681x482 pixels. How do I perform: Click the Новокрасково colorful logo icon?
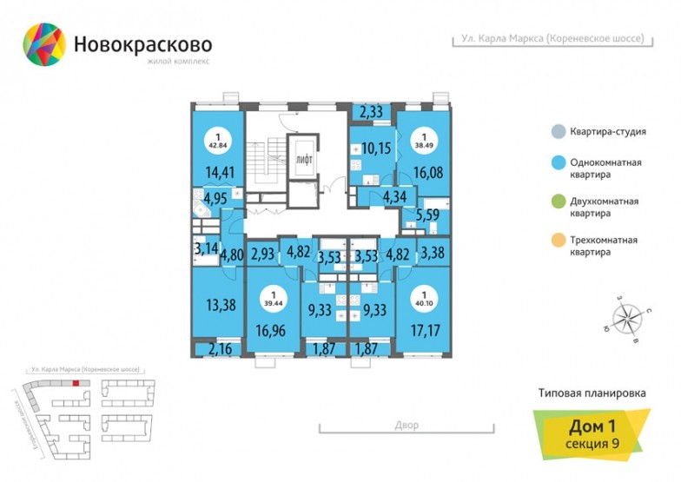point(43,44)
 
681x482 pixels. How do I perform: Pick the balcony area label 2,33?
point(371,111)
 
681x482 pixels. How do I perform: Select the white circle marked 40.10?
point(424,299)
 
